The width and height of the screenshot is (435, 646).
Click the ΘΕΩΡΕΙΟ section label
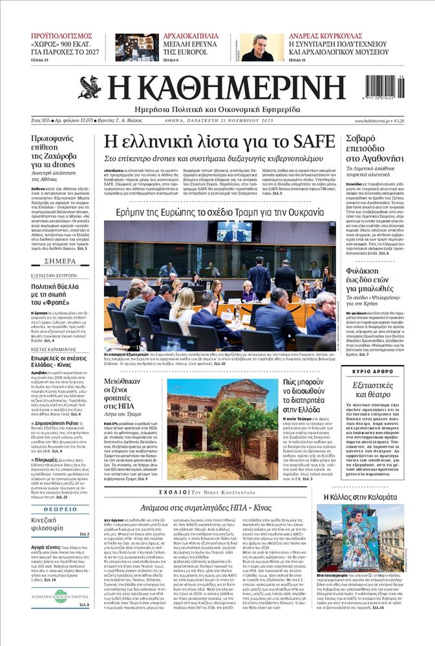click(x=61, y=509)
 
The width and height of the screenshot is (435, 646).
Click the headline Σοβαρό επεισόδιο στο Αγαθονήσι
click(x=375, y=148)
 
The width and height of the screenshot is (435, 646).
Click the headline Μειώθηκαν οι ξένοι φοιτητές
click(x=128, y=395)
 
